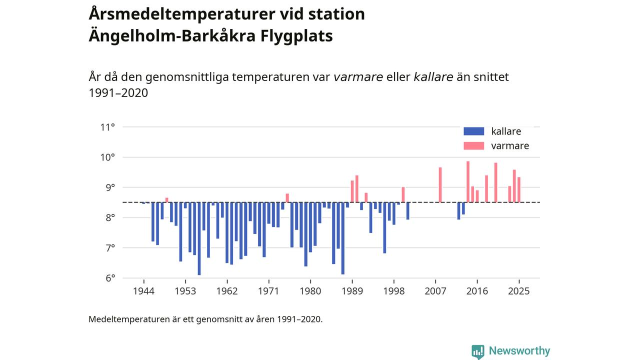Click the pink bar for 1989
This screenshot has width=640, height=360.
352,191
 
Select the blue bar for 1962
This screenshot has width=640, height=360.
227,232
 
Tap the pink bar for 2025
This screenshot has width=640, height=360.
519,189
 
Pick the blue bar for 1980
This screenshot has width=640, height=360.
310,227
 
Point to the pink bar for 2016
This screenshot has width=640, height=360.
477,196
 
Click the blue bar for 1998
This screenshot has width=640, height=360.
394,213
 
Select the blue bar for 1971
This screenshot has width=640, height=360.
269,213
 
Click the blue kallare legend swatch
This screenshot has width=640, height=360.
473,131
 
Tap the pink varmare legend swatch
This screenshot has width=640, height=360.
473,145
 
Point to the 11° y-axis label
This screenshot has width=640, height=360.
107,127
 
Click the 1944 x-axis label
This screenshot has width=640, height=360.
143,291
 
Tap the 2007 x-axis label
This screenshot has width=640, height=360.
435,291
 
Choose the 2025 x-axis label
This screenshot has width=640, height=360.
519,291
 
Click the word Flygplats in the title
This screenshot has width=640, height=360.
296,36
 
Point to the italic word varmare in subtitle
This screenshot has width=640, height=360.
358,77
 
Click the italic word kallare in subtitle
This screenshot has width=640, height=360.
433,77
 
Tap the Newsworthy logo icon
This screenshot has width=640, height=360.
478,351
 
